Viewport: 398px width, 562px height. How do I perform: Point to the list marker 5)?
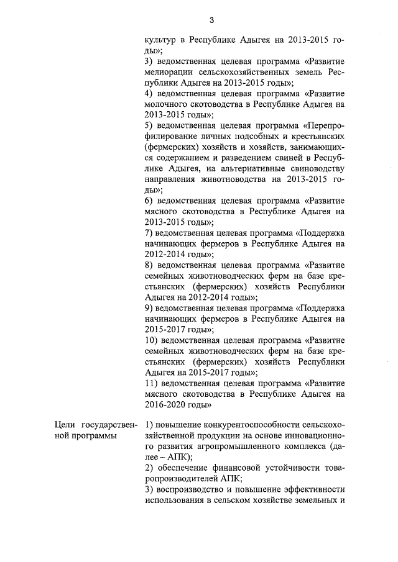click(x=149, y=125)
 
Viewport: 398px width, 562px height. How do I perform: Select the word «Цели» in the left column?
click(x=65, y=425)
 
